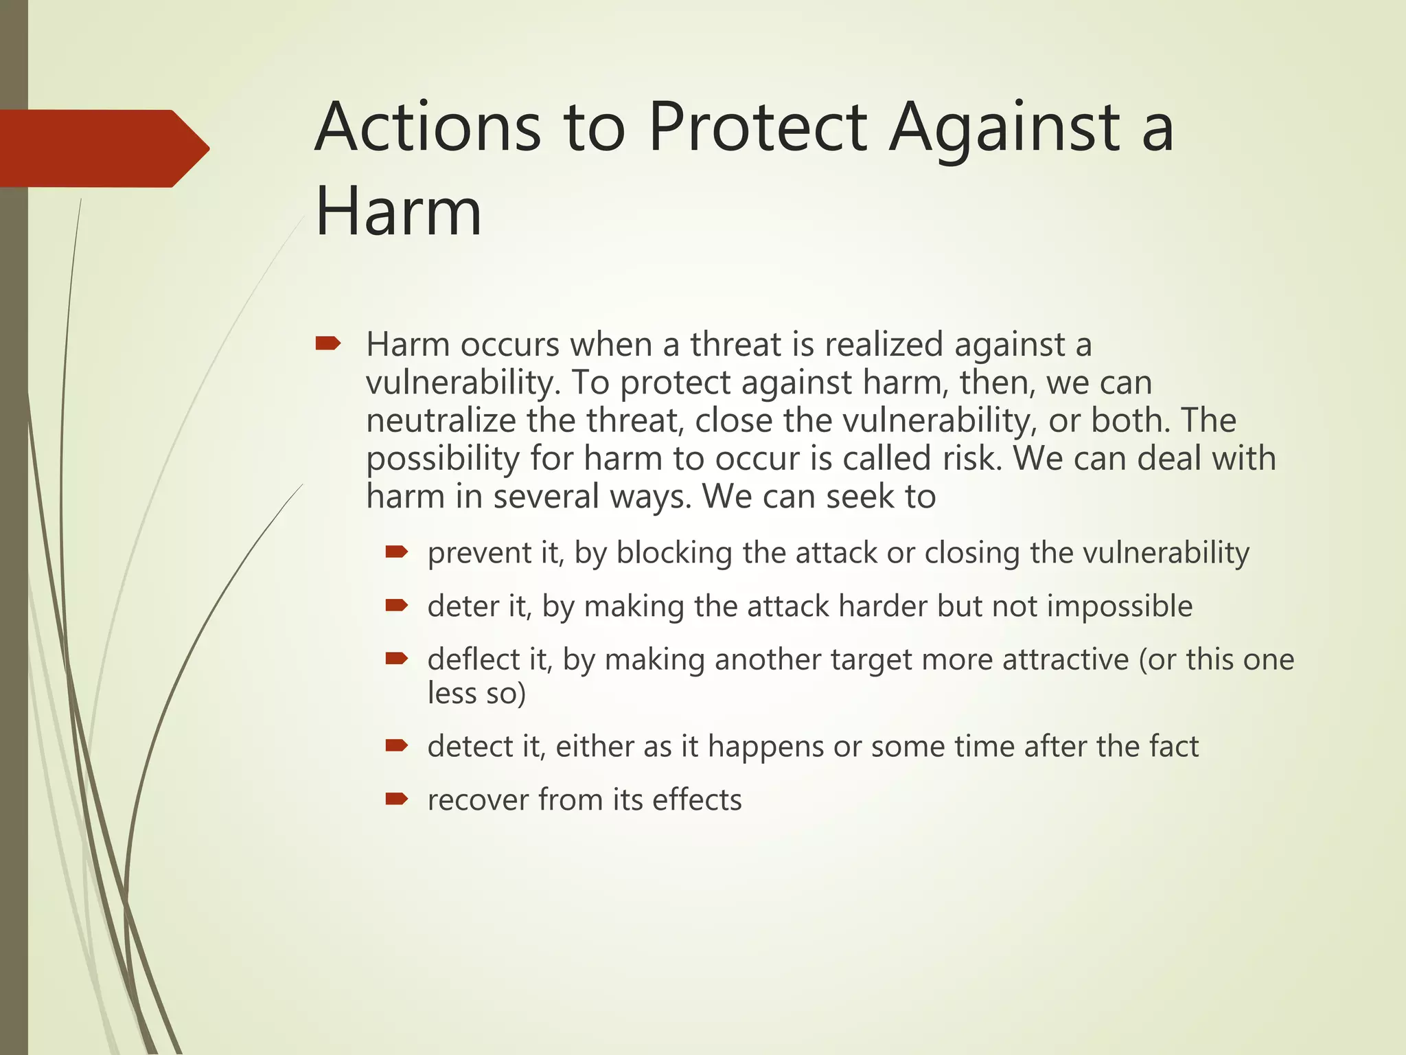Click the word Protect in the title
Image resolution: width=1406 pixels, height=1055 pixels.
pyautogui.click(x=758, y=128)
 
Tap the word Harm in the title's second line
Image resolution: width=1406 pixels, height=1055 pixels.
pyautogui.click(x=398, y=212)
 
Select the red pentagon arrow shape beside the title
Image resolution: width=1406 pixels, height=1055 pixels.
pyautogui.click(x=103, y=148)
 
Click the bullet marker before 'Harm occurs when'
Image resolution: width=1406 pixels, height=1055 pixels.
pyautogui.click(x=327, y=343)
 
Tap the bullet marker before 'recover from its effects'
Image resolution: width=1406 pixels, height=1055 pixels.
pyautogui.click(x=396, y=798)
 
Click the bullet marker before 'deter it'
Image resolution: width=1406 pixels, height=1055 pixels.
pyautogui.click(x=396, y=605)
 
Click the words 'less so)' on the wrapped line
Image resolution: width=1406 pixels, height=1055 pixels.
pyautogui.click(x=476, y=693)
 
